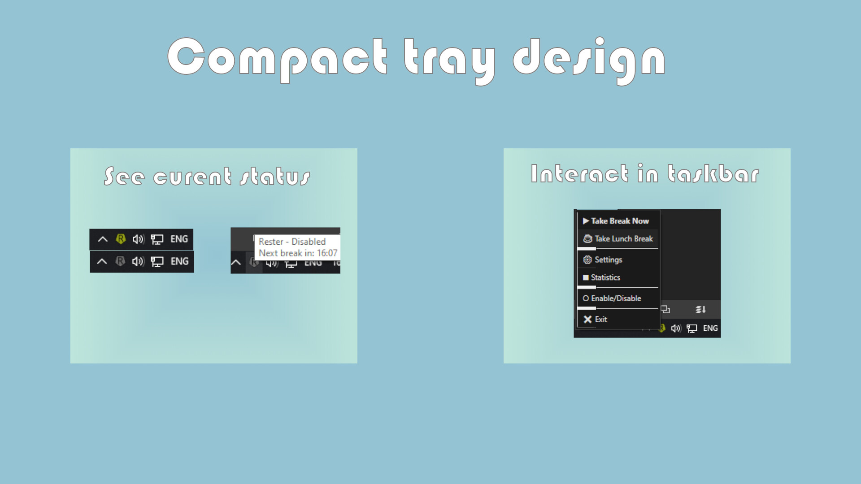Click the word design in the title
click(589, 60)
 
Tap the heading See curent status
click(207, 176)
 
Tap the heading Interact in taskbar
click(645, 174)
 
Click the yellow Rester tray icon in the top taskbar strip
click(121, 239)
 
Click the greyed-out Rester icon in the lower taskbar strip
click(120, 261)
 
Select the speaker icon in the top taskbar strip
click(138, 239)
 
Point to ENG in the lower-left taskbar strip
click(179, 261)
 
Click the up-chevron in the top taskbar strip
click(103, 239)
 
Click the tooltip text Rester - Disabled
click(292, 242)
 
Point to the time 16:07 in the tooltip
click(327, 253)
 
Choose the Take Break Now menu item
click(620, 221)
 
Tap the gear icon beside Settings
click(587, 259)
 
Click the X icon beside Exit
click(587, 319)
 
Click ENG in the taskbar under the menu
click(710, 328)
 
